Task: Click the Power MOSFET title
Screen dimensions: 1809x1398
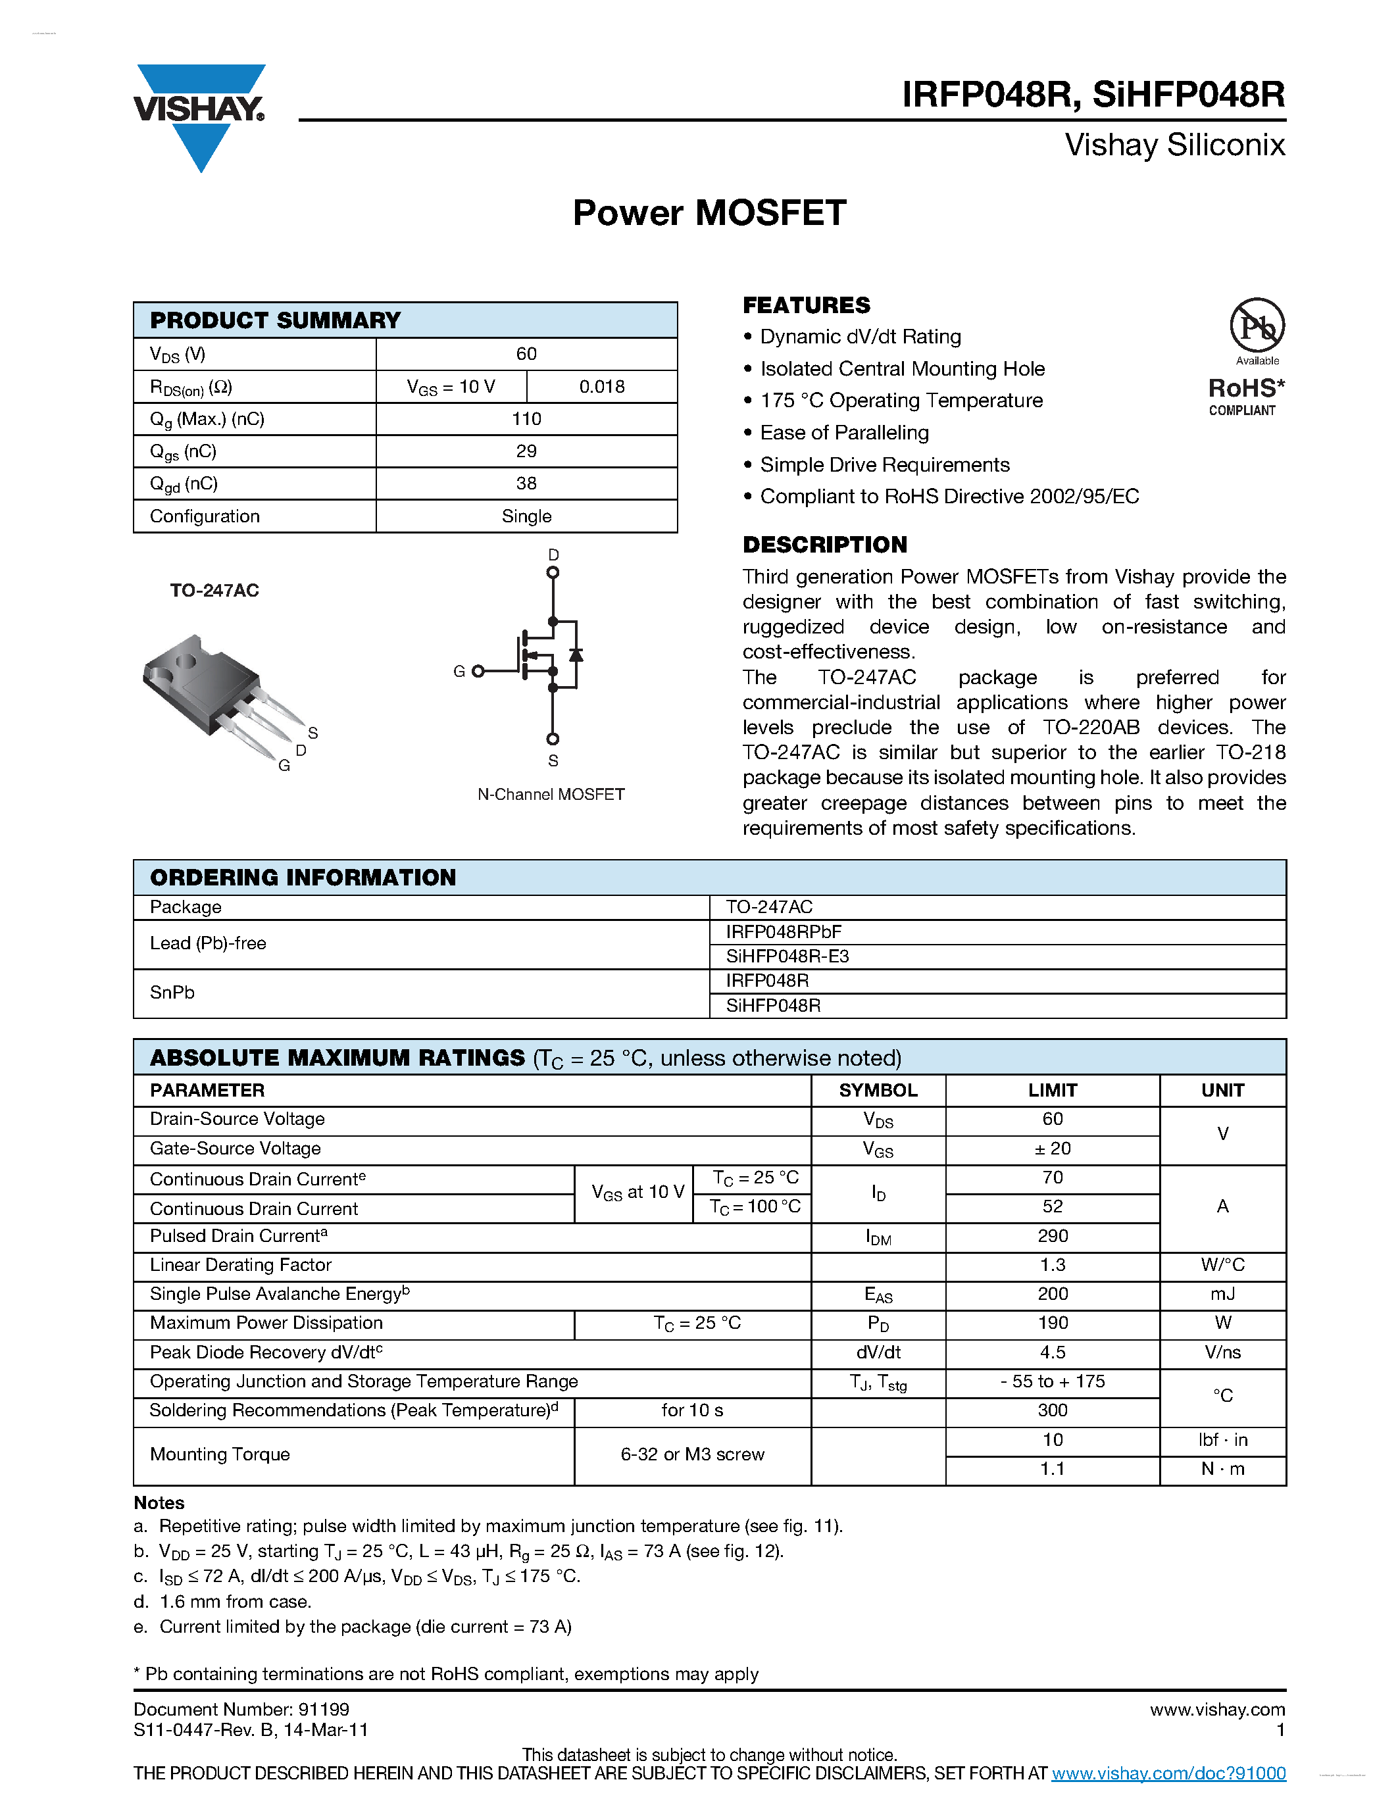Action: (709, 213)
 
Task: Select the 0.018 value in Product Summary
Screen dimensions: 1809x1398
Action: (601, 387)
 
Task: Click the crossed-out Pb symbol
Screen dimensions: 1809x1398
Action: (1257, 326)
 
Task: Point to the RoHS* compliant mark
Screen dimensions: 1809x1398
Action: (1245, 396)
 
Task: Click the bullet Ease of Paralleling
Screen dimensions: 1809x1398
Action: (844, 432)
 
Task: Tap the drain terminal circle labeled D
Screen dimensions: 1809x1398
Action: (553, 572)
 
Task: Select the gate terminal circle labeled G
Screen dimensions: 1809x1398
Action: (478, 671)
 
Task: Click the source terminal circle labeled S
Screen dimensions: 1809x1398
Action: (553, 739)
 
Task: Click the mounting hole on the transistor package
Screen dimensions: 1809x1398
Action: (186, 660)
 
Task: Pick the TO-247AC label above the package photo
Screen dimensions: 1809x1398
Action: (214, 591)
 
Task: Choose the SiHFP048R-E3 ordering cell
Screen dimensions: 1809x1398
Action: (787, 956)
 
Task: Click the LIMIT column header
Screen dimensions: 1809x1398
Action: (1052, 1090)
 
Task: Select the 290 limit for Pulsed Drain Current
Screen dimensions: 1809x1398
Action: (1052, 1236)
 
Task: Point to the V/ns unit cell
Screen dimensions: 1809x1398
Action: (1222, 1352)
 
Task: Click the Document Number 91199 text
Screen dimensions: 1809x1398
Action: (241, 1710)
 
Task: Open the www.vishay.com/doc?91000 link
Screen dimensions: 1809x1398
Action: (1168, 1773)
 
